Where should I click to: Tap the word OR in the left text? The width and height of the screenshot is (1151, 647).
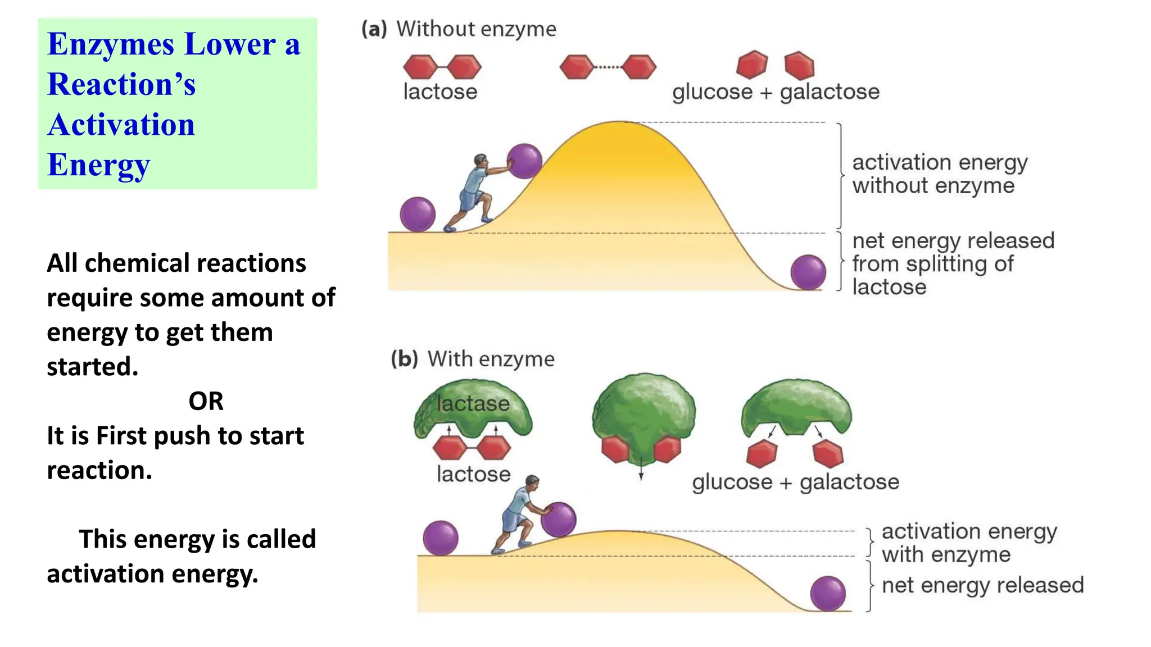[206, 401]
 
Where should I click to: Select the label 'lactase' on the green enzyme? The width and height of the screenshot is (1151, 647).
[473, 403]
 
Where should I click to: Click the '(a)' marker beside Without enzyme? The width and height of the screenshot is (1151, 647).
[374, 29]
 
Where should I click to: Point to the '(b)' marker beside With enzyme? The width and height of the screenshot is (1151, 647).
[405, 359]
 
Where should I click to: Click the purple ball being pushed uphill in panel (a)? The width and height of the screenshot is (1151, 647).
[524, 161]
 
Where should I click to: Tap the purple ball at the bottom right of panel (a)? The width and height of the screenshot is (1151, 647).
[808, 272]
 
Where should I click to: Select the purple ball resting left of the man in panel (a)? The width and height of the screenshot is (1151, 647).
[418, 215]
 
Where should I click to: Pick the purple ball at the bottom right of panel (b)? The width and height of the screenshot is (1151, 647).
[828, 593]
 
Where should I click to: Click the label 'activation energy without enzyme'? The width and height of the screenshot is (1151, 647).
[939, 174]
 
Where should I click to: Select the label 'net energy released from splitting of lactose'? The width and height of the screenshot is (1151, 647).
[953, 263]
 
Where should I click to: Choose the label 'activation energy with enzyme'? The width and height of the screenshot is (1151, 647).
[969, 543]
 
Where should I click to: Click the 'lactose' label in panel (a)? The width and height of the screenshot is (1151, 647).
[440, 92]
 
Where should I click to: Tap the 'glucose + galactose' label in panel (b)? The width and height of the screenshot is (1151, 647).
[795, 482]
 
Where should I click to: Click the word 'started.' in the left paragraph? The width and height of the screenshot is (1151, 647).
[93, 367]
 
